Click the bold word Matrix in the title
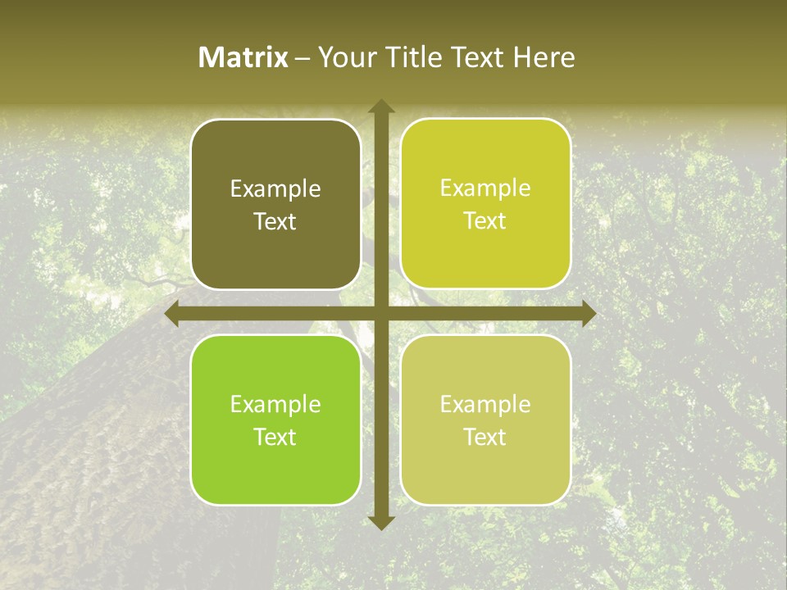click(x=243, y=57)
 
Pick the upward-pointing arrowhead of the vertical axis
click(x=380, y=107)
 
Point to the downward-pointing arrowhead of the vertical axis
click(x=380, y=522)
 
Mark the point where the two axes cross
click(x=380, y=314)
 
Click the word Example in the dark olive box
click(x=275, y=189)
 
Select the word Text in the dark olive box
click(x=275, y=221)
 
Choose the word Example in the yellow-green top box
click(x=485, y=188)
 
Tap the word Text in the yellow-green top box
click(x=485, y=221)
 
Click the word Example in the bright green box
click(x=275, y=405)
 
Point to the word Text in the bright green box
click(x=275, y=437)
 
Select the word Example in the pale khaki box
click(x=485, y=404)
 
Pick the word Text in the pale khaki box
click(x=485, y=437)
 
